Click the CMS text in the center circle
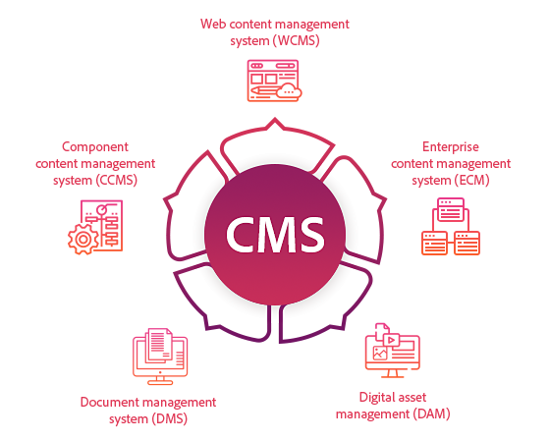pos(275,235)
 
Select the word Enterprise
pos(451,147)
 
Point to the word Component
pos(95,147)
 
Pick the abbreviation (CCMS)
pos(116,181)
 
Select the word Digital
pos(376,398)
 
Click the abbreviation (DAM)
pos(431,414)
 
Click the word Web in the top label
pos(213,24)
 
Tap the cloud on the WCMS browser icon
pos(289,90)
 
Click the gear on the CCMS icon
pos(83,240)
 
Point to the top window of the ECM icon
pos(451,209)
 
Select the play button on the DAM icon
pos(392,340)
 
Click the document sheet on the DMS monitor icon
pos(159,345)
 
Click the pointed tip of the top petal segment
pos(275,119)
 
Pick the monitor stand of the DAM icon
pos(392,373)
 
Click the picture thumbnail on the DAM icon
pos(380,353)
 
